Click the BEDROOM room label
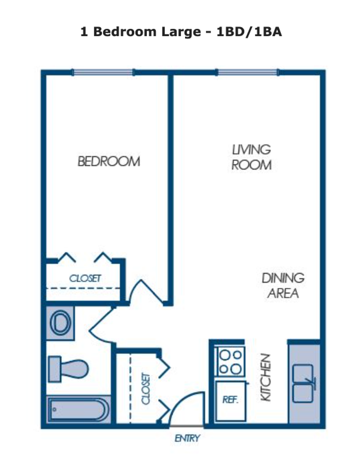109,162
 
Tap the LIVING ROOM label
251,157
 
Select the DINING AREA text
283,285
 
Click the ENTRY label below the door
187,438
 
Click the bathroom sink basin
60,323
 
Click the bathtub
78,409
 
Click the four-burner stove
231,362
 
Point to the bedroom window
103,73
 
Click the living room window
248,73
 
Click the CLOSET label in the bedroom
86,278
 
